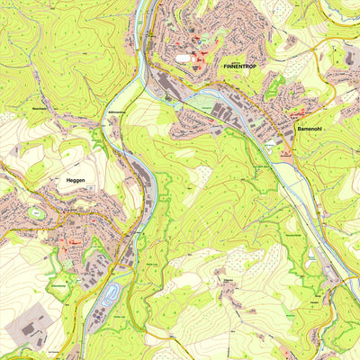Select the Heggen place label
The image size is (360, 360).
pos(76,181)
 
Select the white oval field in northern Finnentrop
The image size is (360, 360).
pos(184,59)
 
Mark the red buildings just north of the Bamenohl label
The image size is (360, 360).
pos(297,115)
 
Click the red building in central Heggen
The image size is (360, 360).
pos(72,241)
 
